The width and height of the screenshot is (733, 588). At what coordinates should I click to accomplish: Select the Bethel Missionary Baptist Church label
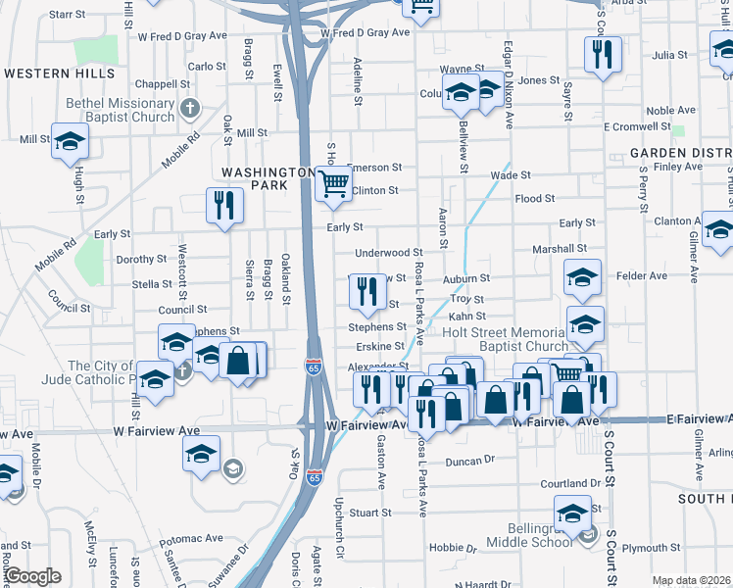pos(120,109)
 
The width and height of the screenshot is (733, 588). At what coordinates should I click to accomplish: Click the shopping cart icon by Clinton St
pos(334,182)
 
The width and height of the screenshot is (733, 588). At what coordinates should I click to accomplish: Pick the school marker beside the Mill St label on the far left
pos(70,144)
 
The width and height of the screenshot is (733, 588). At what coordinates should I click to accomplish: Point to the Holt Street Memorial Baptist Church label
pos(506,338)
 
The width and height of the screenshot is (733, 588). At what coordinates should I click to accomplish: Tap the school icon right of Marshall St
pos(582,277)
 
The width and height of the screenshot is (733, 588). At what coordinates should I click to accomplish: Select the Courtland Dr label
pos(569,484)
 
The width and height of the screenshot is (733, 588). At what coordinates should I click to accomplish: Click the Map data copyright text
pos(692,580)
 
